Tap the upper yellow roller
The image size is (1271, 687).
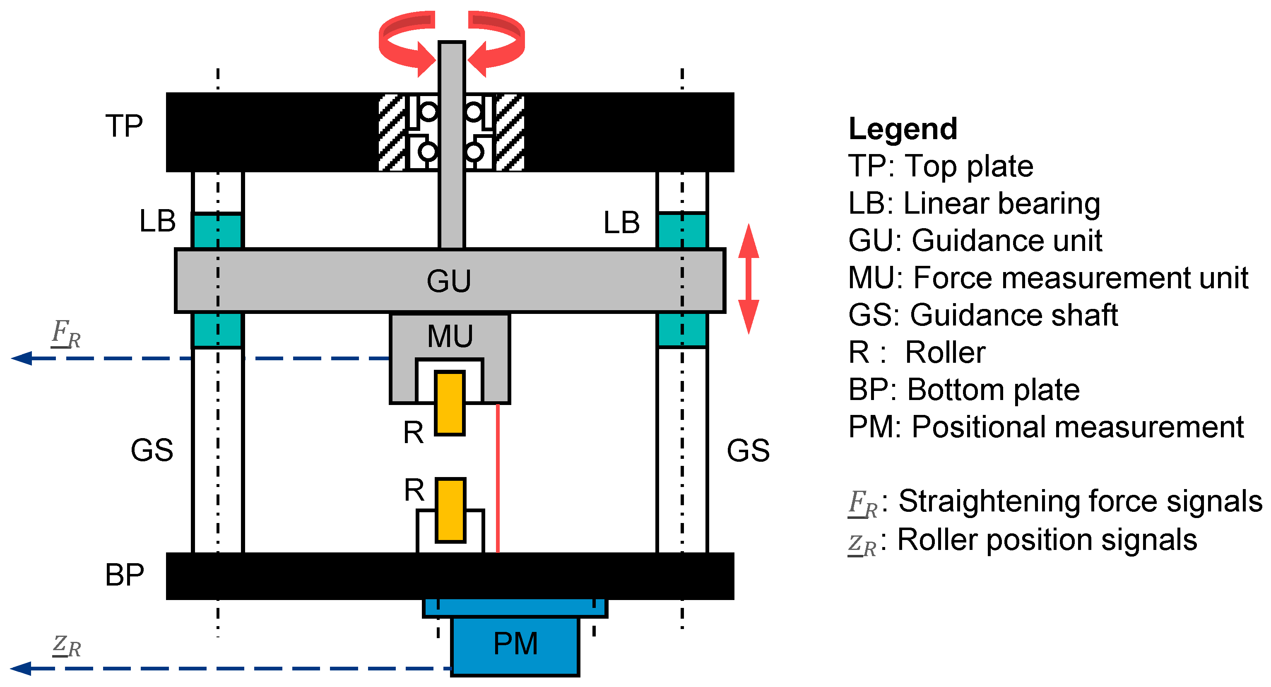pyautogui.click(x=450, y=403)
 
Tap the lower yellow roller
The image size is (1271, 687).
pyautogui.click(x=450, y=510)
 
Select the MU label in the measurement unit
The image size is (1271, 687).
pyautogui.click(x=450, y=337)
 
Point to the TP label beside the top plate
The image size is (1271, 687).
pyautogui.click(x=124, y=126)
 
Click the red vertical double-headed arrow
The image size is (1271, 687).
pyautogui.click(x=749, y=279)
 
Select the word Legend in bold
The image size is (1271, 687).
pyautogui.click(x=903, y=129)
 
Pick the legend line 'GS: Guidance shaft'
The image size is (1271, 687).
pyautogui.click(x=983, y=316)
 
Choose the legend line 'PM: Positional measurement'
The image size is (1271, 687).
pyautogui.click(x=1046, y=427)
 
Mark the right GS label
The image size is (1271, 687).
pyautogui.click(x=748, y=450)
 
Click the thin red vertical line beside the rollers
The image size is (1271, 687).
pyautogui.click(x=498, y=479)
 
